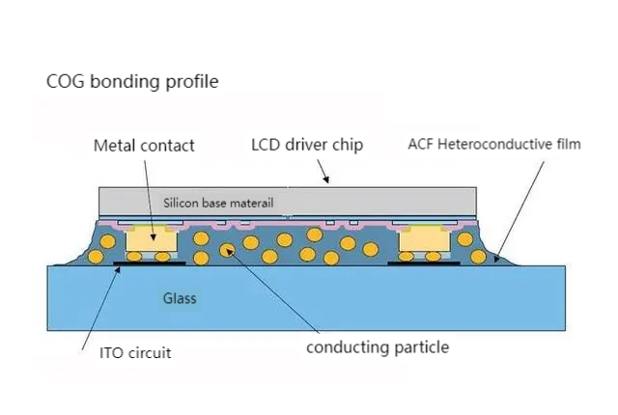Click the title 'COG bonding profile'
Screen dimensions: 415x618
tap(132, 81)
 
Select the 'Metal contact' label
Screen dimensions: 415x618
tap(144, 146)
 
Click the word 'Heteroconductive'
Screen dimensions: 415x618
tap(495, 145)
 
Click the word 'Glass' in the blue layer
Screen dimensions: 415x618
tap(179, 298)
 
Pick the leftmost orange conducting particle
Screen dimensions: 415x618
tap(97, 258)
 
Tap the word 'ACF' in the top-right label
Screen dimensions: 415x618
tap(422, 145)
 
